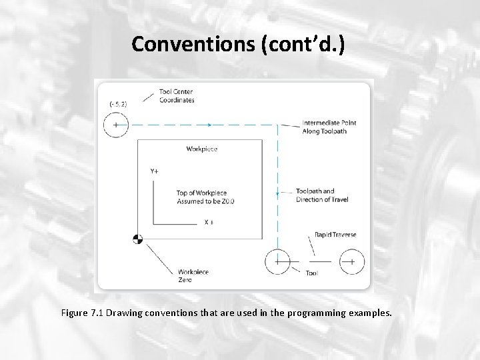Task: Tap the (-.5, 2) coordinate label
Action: pos(118,104)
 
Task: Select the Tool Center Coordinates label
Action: pos(177,96)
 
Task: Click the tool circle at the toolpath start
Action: pos(117,125)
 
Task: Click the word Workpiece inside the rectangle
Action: pos(202,149)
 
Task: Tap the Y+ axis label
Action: pos(155,171)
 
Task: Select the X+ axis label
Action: pos(209,222)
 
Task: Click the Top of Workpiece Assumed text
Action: pos(206,197)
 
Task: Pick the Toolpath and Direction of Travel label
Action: pos(321,195)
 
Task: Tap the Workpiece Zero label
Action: pos(193,275)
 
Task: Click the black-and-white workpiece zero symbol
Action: pos(138,239)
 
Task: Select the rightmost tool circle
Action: pos(349,261)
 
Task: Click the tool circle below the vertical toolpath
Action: pos(277,261)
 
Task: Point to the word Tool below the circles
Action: pos(311,273)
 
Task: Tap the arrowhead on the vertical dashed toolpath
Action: pos(277,194)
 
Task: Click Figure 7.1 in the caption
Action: pos(82,313)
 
